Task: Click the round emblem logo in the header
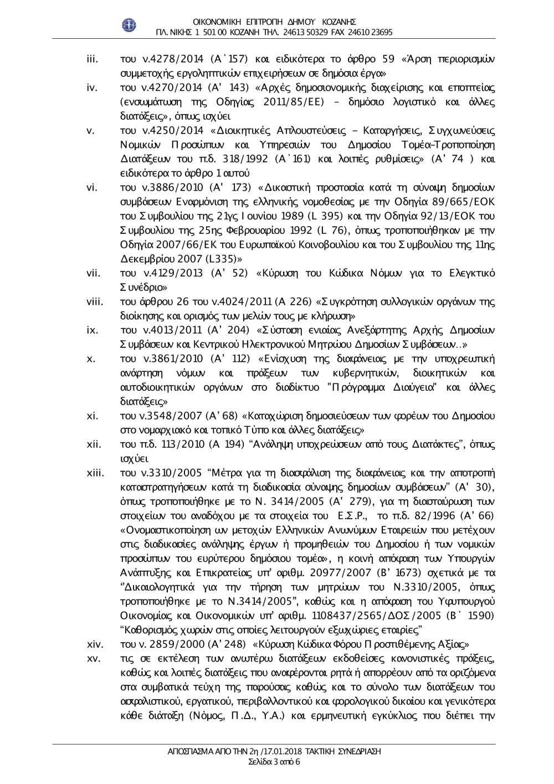pos(128,25)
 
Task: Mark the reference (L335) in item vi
pos(224,259)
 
